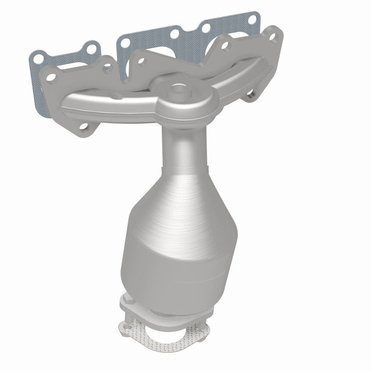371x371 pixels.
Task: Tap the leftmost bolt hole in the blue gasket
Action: [x=38, y=58]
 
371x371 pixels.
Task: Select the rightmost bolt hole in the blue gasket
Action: [x=252, y=20]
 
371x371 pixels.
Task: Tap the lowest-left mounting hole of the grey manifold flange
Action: [x=83, y=126]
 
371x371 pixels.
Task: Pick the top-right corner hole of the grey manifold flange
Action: [x=273, y=36]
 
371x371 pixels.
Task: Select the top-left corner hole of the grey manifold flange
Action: [x=51, y=77]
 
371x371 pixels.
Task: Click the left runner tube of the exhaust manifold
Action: [x=106, y=104]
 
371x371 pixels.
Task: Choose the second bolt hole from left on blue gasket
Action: [x=91, y=49]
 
